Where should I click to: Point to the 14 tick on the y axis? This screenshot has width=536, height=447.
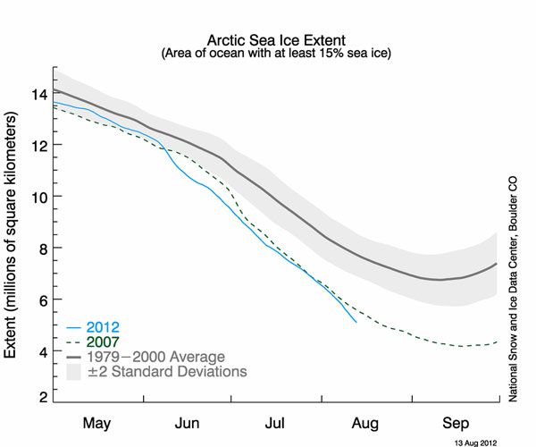click(38, 93)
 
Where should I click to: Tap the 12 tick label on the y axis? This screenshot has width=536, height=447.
click(38, 145)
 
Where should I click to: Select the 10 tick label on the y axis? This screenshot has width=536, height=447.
click(38, 197)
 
